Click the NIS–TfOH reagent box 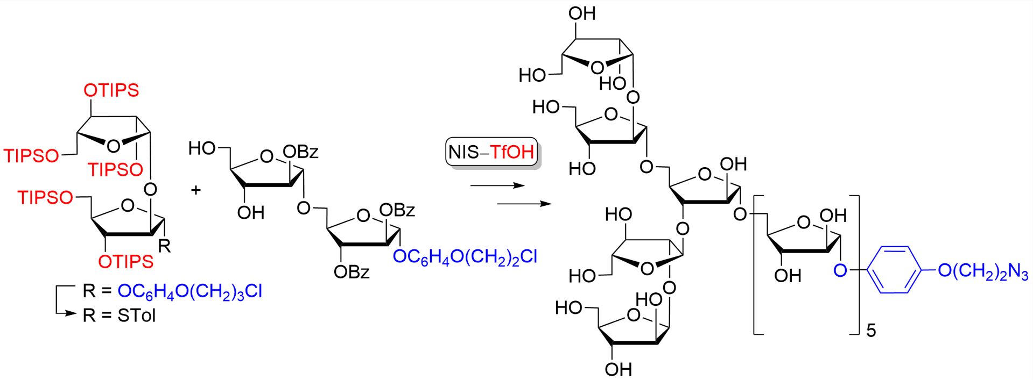coord(491,152)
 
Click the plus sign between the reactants coord(196,190)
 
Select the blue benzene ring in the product coord(893,270)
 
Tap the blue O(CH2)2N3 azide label coord(983,270)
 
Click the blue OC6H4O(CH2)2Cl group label coord(465,256)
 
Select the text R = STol coord(119,316)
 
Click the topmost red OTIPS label coord(111,90)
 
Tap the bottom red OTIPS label coord(126,262)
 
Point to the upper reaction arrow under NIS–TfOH coord(497,186)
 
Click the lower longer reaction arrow coord(524,204)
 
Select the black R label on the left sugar coord(164,246)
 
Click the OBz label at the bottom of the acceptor coord(352,273)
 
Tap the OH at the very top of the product coord(582,13)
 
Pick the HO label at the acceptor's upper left coord(202,148)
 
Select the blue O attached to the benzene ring coord(840,270)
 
